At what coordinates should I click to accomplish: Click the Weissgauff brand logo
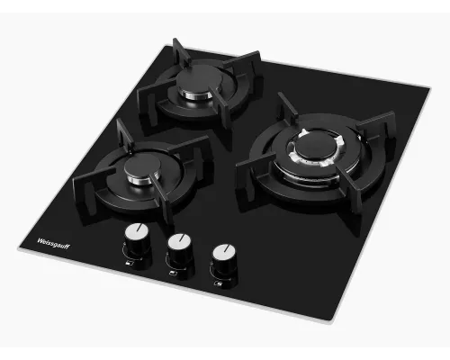click(x=53, y=244)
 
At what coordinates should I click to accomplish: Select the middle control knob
click(x=180, y=249)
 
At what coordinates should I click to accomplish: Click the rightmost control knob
click(x=224, y=260)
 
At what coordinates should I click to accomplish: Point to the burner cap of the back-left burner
click(x=200, y=79)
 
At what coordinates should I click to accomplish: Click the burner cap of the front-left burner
click(x=142, y=166)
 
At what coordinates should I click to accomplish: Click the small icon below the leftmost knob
click(x=129, y=264)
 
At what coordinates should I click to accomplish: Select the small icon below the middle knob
click(x=173, y=273)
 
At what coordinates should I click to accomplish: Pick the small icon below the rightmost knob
click(x=218, y=283)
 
